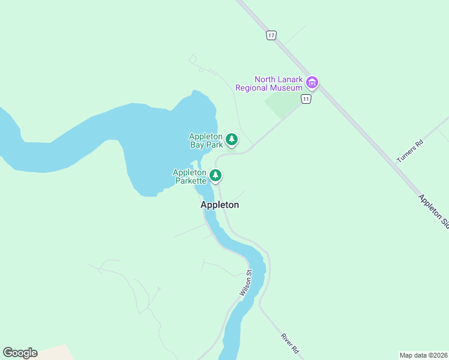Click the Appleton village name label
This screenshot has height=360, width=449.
(220, 205)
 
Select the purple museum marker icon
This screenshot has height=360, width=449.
(312, 83)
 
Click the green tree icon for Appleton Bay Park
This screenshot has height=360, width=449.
(232, 140)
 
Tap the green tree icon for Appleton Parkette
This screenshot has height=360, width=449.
(215, 176)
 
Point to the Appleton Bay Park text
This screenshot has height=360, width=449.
(206, 140)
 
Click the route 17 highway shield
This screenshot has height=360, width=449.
(272, 36)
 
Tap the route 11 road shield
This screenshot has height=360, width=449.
(306, 99)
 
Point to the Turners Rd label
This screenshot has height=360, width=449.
(410, 151)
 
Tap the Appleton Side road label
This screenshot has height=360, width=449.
(434, 211)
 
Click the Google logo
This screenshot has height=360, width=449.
(20, 353)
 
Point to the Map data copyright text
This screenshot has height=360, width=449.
(423, 355)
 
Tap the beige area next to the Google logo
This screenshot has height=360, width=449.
(57, 353)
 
